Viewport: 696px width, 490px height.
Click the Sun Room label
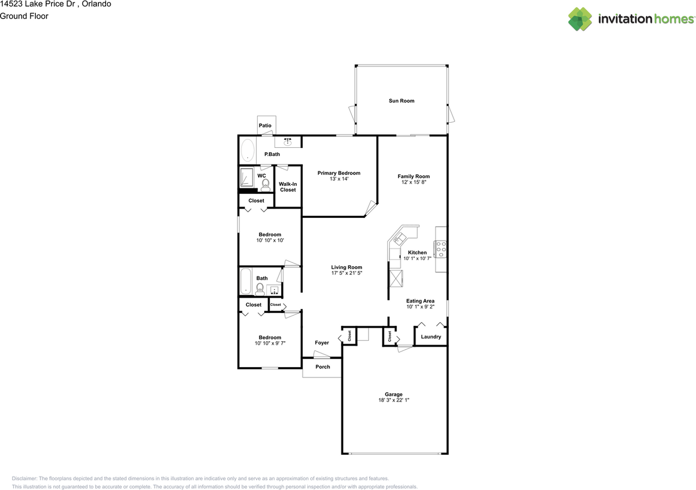click(401, 100)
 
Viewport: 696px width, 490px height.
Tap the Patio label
click(265, 125)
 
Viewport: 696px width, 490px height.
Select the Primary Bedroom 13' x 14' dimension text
click(339, 179)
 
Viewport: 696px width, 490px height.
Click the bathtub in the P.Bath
click(247, 150)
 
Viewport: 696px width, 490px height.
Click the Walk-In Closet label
click(288, 187)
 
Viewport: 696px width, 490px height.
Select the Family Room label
click(413, 176)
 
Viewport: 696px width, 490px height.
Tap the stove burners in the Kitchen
click(440, 249)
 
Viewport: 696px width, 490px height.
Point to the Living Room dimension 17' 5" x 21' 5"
click(346, 273)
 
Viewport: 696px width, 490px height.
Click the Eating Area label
click(420, 301)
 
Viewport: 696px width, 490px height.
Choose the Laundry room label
click(431, 337)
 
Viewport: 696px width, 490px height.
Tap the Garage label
click(394, 394)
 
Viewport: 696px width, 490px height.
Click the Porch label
click(322, 367)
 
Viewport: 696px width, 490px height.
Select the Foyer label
click(322, 343)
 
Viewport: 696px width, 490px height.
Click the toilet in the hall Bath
click(260, 288)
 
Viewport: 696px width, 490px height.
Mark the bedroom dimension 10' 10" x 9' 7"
click(270, 343)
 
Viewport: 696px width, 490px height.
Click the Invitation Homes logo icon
click(580, 19)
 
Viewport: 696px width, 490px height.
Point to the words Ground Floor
click(24, 16)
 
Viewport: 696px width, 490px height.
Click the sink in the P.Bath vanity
click(288, 142)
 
